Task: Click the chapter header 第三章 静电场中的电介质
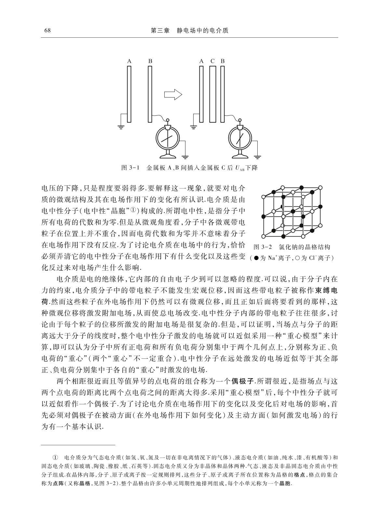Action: pos(190,31)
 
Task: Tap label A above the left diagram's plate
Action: pos(129,61)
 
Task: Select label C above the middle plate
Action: pos(212,61)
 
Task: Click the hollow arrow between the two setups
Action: pos(173,95)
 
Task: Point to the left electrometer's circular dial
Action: pos(167,137)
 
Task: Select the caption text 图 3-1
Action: pos(130,168)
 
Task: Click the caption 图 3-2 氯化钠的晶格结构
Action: pos(291,247)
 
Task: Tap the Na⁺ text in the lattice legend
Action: pos(272,258)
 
